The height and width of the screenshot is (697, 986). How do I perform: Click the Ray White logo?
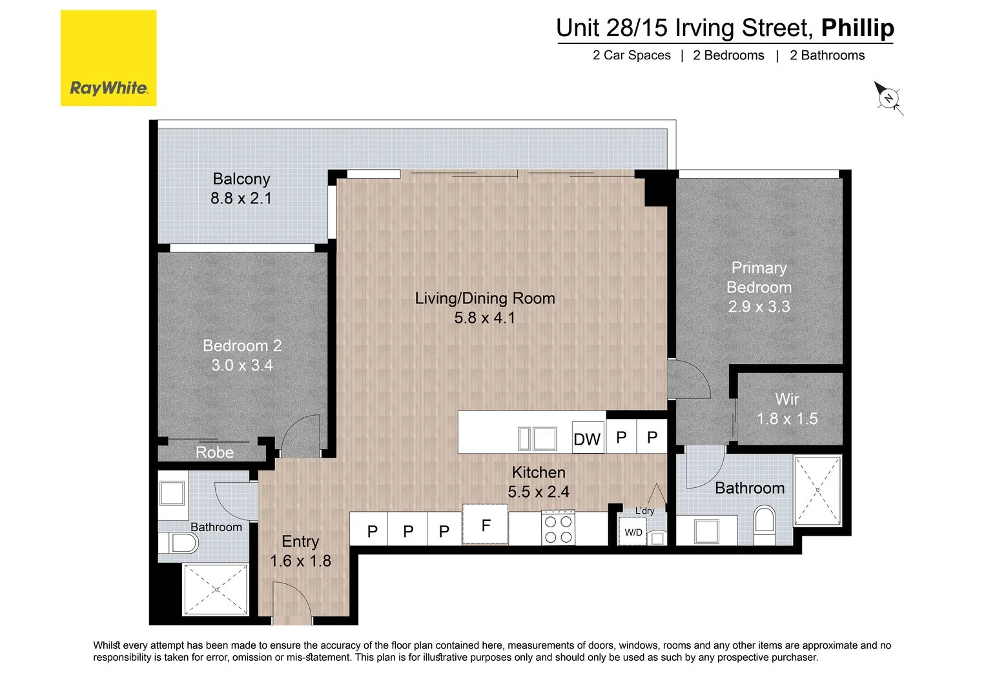pos(108,58)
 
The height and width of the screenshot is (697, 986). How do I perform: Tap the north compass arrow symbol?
pos(888,98)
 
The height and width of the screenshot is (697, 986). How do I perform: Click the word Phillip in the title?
pos(857,28)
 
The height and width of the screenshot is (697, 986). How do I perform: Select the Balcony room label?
pos(241,179)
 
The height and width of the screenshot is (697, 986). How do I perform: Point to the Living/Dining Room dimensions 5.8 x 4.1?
pos(484,318)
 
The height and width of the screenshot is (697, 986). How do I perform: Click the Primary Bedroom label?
pos(759,278)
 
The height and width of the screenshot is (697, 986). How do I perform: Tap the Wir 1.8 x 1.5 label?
pos(787,409)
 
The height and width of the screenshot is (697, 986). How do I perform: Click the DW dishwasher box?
pos(588,438)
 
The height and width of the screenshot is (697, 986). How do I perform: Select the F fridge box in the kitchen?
pos(486,525)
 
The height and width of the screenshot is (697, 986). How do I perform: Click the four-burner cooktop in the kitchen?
pos(559,528)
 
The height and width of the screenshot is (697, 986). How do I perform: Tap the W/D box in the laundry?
pos(633,532)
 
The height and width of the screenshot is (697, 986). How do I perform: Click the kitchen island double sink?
pos(537,439)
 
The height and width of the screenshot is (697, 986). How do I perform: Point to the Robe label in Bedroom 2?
pos(214,452)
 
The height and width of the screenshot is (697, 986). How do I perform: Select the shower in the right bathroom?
pos(817,490)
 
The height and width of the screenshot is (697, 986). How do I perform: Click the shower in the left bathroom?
pos(216,590)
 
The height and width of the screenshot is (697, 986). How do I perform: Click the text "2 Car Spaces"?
pos(632,56)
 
